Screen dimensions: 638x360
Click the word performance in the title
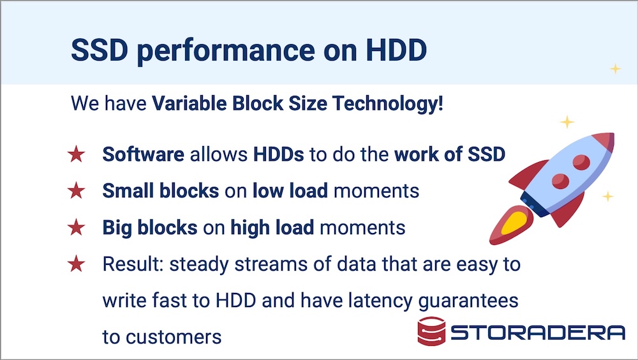226,50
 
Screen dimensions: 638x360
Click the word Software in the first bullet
143,154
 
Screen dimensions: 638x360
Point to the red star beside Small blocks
76,191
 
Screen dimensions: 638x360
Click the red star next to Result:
76,264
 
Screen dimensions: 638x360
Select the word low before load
267,191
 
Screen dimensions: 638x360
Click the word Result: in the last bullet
133,264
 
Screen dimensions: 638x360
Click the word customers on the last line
174,337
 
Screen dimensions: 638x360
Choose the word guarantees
468,301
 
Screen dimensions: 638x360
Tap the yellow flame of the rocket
515,222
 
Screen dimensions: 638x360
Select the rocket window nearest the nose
581,162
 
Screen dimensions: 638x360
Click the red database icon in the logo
431,331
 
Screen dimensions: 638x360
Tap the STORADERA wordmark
537,333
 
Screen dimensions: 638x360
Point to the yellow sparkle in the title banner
615,69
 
